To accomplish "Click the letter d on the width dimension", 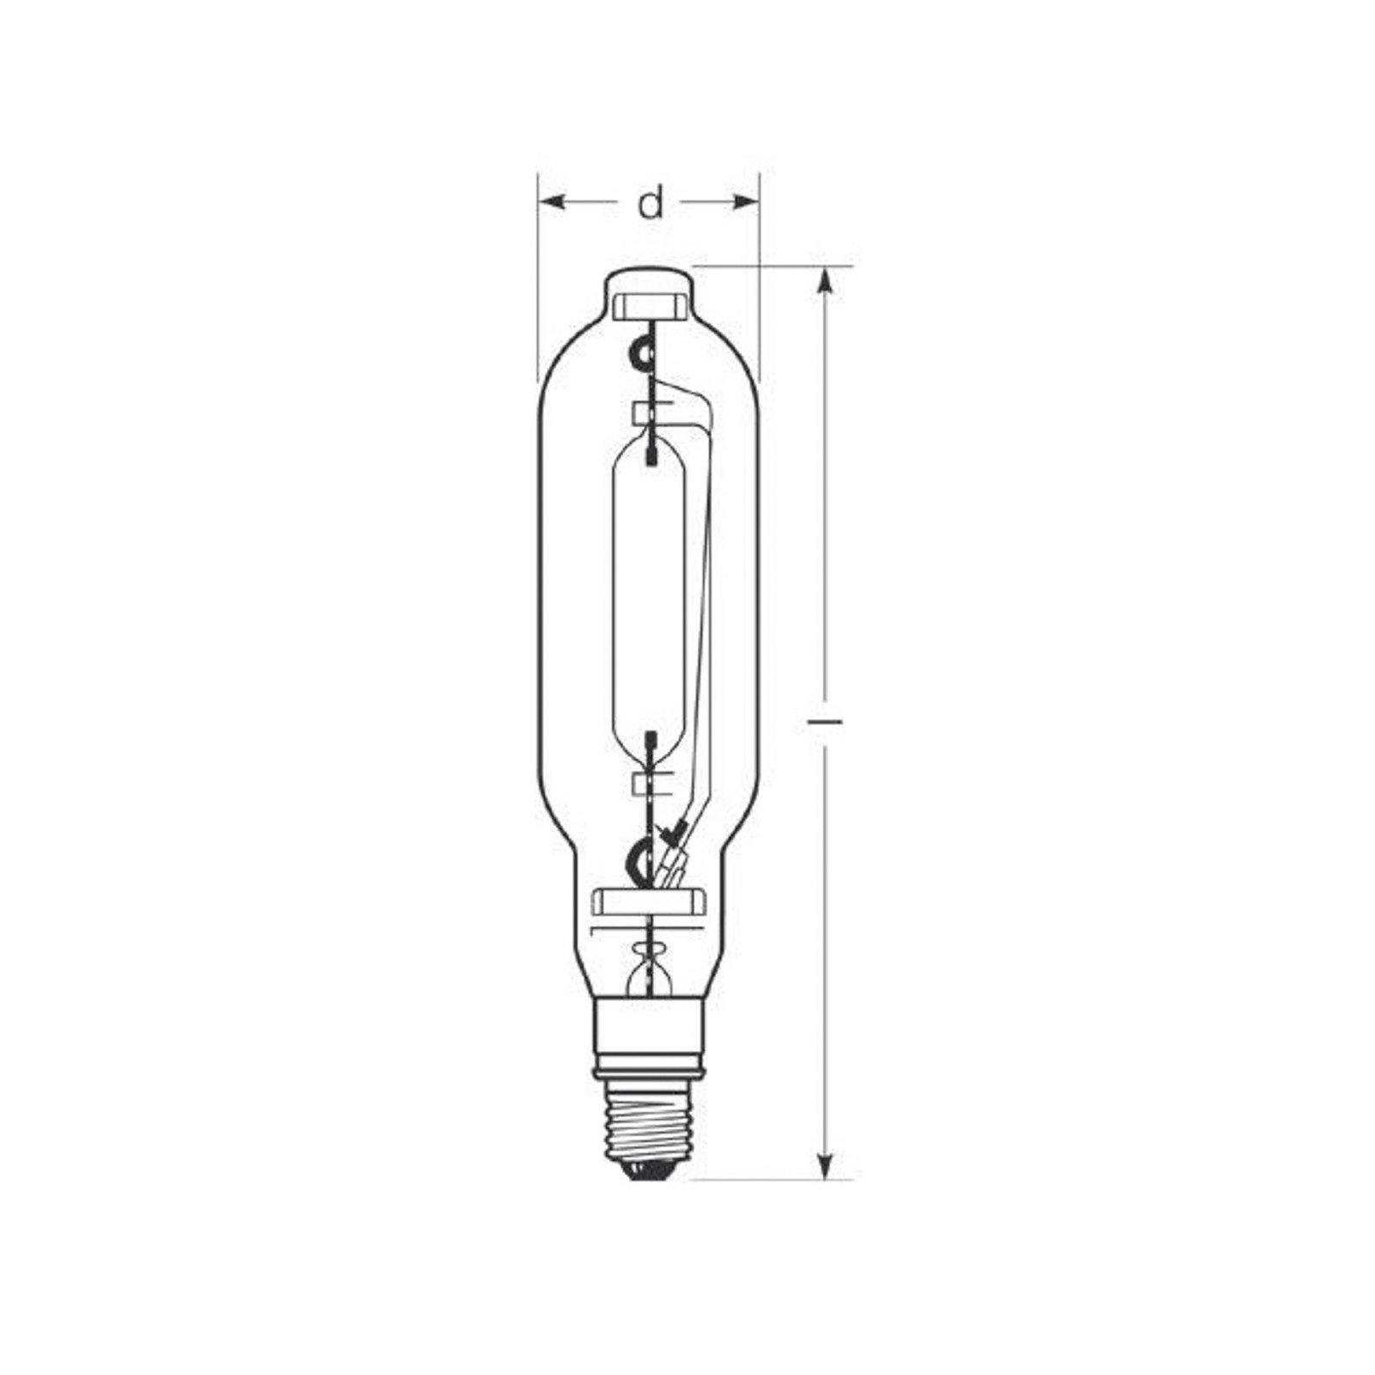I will [x=651, y=204].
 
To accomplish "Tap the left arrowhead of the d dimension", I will [x=551, y=202].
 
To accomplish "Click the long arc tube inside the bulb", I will [x=649, y=593].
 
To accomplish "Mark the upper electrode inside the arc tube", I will [x=651, y=450].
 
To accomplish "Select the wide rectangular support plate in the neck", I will [x=649, y=901].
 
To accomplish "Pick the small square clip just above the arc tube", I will [x=643, y=412].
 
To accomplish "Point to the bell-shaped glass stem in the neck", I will [x=649, y=975].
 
